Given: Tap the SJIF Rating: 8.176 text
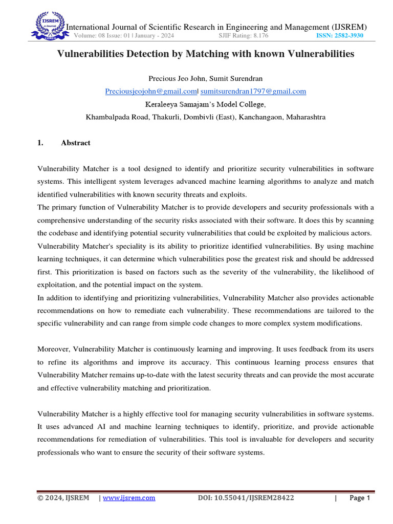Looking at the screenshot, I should tap(244, 36).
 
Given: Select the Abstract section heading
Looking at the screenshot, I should tap(75, 143).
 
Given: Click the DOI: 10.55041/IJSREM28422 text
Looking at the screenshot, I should tap(246, 498).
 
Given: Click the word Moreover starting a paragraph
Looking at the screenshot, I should tap(54, 349).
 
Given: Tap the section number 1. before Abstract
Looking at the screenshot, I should tap(40, 143).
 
